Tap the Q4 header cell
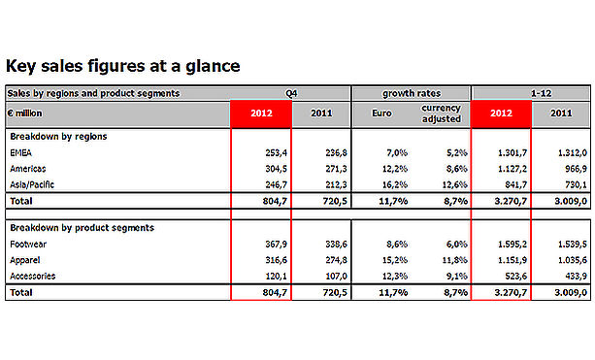291,93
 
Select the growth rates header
412,93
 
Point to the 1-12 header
541,93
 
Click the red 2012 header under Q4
261,113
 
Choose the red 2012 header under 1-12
501,113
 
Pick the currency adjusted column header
441,114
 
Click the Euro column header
381,113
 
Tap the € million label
24,113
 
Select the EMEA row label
21,153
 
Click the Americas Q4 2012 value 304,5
276,169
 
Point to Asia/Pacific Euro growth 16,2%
395,184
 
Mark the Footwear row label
28,245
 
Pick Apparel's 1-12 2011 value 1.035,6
573,260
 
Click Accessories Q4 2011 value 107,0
336,277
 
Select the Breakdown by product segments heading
82,228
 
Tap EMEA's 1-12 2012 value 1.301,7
512,153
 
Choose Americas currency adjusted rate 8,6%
457,169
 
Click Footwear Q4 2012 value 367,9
276,245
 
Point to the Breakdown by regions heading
58,137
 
